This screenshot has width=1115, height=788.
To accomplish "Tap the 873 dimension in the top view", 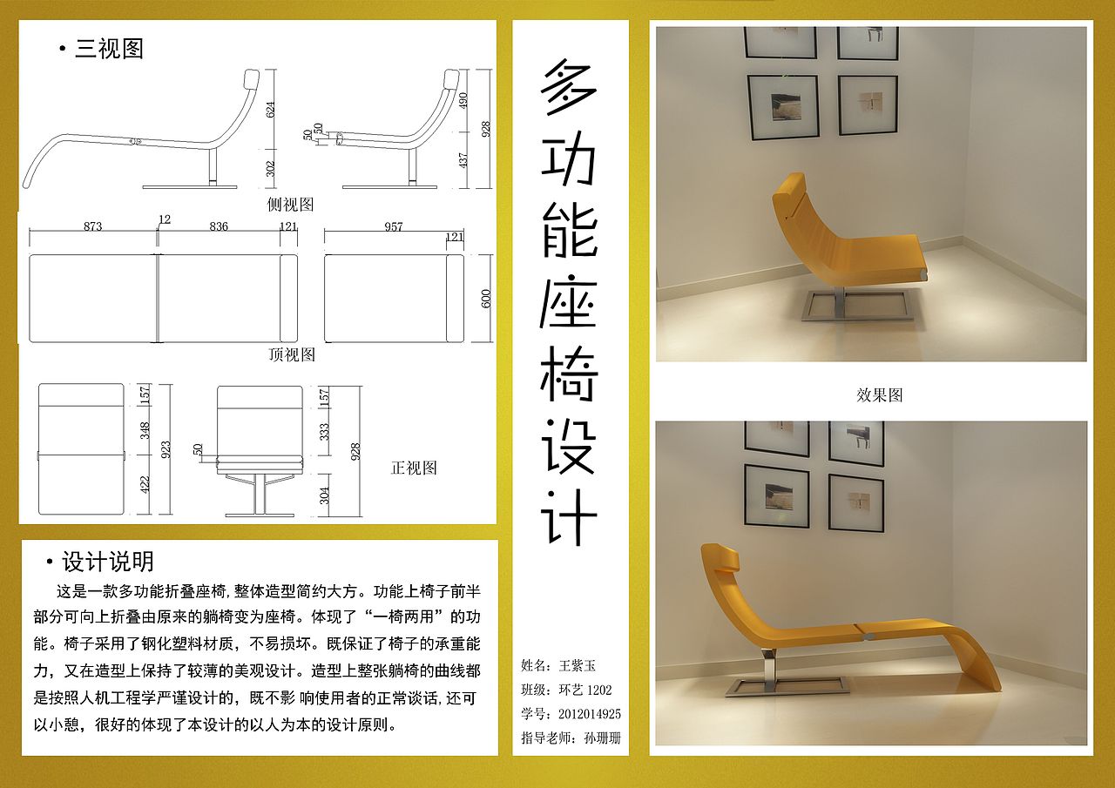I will pyautogui.click(x=92, y=227).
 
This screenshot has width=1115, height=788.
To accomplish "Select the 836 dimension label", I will pyautogui.click(x=219, y=227).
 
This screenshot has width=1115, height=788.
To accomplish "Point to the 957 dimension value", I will pyautogui.click(x=394, y=227).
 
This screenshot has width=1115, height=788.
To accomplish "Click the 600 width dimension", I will pyautogui.click(x=487, y=298).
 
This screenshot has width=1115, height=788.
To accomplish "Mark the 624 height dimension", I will pyautogui.click(x=271, y=109).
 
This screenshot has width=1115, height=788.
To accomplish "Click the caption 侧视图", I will pyautogui.click(x=290, y=205).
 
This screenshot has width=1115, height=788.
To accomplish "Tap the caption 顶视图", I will pyautogui.click(x=292, y=355).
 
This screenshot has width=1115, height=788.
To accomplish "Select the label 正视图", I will pyautogui.click(x=414, y=468).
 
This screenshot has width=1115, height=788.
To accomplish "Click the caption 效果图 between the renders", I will pyautogui.click(x=879, y=395).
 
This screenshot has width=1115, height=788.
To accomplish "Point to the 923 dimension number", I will pyautogui.click(x=166, y=449).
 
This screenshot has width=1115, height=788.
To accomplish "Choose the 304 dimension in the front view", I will pyautogui.click(x=325, y=495).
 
